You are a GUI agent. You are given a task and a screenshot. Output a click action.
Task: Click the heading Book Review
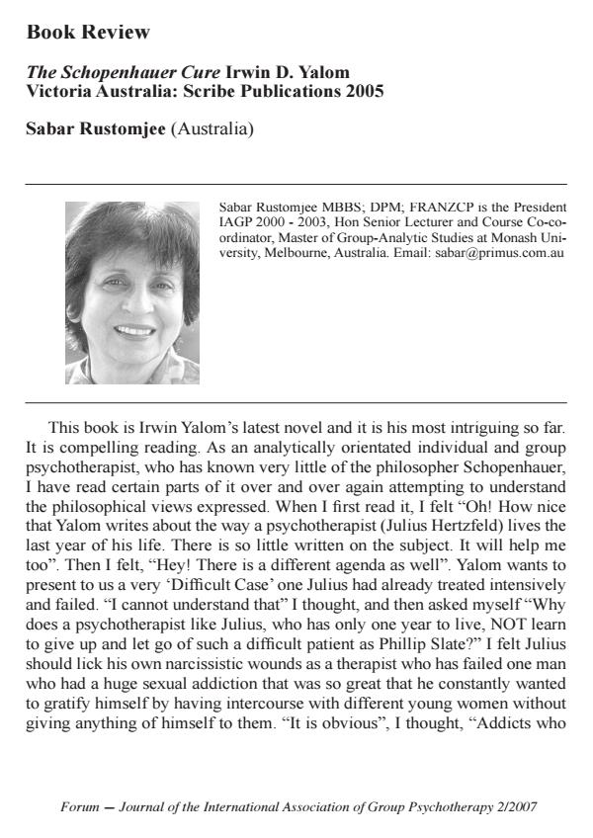[x=88, y=33]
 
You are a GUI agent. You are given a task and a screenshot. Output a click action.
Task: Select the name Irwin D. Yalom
[x=288, y=74]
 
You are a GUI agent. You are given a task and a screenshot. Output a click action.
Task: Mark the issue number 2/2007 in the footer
[x=515, y=807]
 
